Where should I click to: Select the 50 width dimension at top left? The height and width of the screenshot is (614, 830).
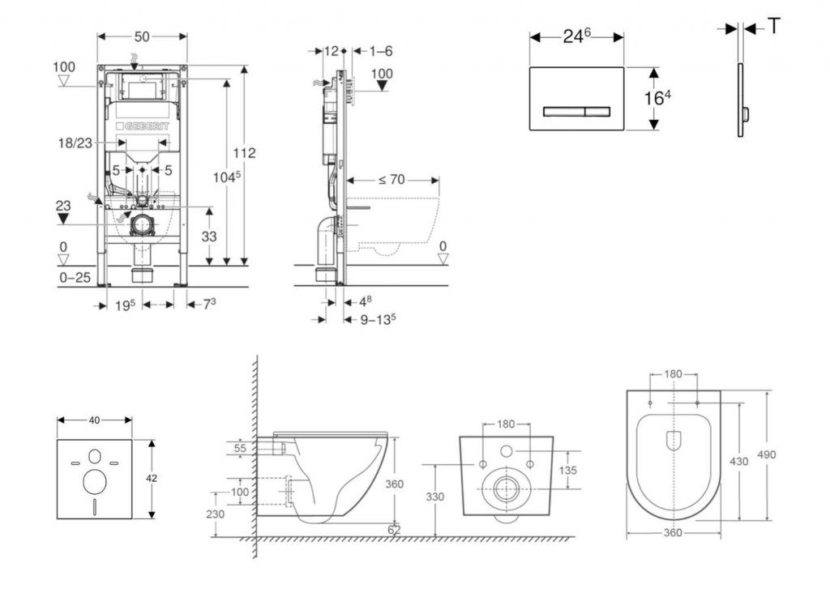click(x=142, y=36)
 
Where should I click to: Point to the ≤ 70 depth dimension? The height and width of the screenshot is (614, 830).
click(x=391, y=179)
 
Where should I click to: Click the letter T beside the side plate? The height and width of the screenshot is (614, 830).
click(x=774, y=27)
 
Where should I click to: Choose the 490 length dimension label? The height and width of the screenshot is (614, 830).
click(x=766, y=454)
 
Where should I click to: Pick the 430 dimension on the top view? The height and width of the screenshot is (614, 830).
click(x=739, y=461)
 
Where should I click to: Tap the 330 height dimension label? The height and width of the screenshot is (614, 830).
click(x=435, y=497)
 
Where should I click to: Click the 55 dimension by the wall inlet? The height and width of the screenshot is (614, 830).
click(x=240, y=447)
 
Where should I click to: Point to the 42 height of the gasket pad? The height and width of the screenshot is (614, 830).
click(x=152, y=478)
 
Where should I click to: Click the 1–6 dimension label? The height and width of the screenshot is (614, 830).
click(x=380, y=50)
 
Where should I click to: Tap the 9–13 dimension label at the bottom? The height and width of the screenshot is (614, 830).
click(x=378, y=319)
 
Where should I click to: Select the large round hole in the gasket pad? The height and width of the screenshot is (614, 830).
click(x=95, y=482)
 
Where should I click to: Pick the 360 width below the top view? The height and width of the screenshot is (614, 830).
click(x=673, y=533)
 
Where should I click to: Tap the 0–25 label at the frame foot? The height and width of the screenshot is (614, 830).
click(x=75, y=278)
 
